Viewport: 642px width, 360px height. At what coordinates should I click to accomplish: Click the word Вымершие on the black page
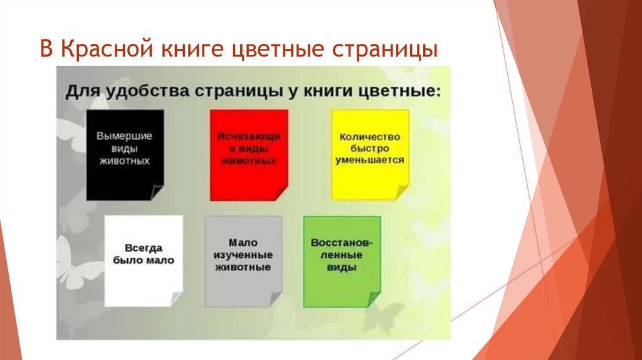click(125, 135)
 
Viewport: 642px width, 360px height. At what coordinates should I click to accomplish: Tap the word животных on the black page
click(125, 161)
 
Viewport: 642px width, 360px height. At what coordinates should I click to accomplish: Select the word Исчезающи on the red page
click(249, 136)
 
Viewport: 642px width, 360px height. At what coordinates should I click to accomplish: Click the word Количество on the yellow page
click(369, 136)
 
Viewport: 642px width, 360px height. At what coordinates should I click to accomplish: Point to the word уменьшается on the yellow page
click(369, 161)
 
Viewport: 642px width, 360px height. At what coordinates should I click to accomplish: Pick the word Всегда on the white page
click(144, 247)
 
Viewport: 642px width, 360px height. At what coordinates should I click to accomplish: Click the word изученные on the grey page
click(243, 255)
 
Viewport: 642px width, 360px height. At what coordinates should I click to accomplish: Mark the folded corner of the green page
click(374, 299)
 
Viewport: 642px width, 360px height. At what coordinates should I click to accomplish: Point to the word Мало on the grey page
click(243, 243)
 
